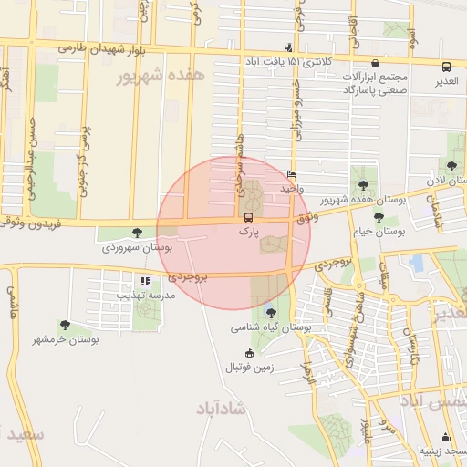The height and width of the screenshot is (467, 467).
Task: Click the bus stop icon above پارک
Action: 248,217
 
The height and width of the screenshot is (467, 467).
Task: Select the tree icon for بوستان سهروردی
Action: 137,233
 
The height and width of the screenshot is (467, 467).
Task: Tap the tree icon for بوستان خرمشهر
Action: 65,325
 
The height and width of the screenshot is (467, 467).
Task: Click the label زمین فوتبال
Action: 250,368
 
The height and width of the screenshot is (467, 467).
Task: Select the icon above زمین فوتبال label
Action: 249,354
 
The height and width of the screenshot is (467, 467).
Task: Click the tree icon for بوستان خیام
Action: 379,217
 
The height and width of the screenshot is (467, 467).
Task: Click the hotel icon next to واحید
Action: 291,174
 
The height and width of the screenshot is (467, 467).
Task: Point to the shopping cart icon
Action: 376,64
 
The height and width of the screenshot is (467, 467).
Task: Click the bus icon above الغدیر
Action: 446,67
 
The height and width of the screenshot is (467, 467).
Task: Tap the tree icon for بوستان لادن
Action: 451,166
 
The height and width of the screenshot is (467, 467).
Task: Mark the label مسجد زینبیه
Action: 443,451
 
